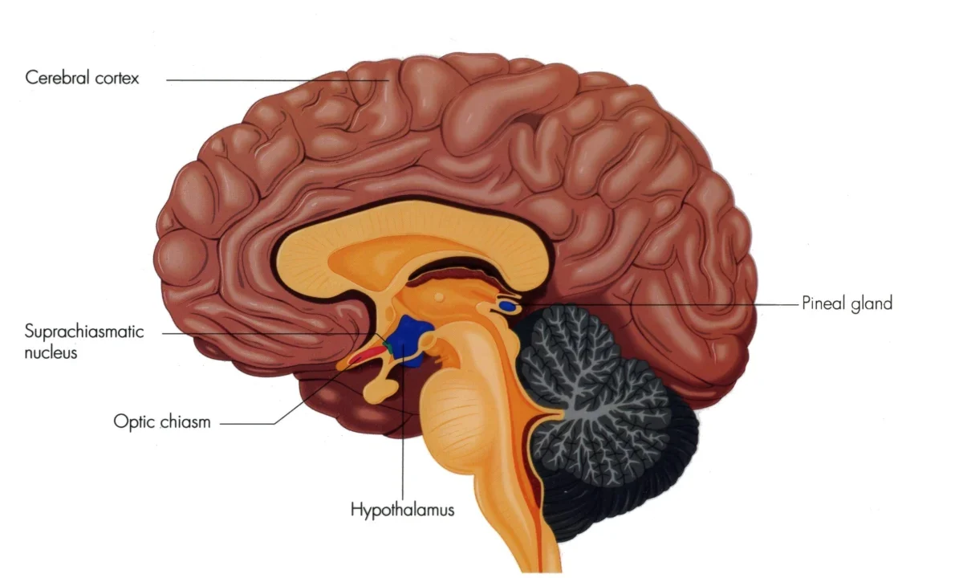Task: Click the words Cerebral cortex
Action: click(82, 78)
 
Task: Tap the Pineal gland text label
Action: click(847, 303)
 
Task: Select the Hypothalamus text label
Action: click(402, 510)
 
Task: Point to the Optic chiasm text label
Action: click(162, 422)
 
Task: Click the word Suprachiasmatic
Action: click(84, 332)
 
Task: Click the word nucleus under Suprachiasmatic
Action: click(51, 353)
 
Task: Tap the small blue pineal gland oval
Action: click(508, 307)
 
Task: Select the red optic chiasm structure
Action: click(366, 355)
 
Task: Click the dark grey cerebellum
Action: click(602, 413)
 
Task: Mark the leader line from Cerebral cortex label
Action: click(278, 80)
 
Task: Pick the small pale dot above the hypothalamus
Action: click(439, 297)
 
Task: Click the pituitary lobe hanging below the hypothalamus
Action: click(380, 389)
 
